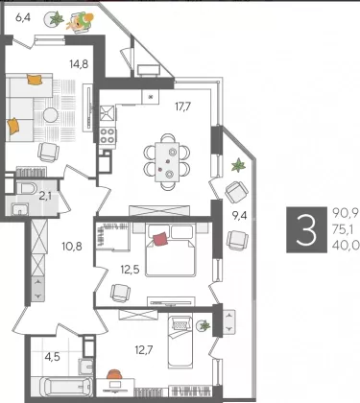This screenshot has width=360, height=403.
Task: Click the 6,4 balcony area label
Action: point(23,17)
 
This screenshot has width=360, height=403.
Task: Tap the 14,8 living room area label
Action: point(79,64)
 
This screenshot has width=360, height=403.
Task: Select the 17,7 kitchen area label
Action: point(182,107)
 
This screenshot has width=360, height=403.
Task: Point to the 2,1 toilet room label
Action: point(45,196)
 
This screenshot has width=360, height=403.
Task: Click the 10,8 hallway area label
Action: point(72,247)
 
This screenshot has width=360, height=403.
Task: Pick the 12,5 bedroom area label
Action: point(130,270)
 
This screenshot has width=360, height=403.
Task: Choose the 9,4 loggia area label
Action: point(239,216)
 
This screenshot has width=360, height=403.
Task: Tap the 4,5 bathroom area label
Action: point(52,356)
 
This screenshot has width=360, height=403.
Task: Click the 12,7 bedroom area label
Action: point(144,350)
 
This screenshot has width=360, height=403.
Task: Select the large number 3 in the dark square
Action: point(306,229)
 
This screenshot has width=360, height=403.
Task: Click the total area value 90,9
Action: point(346,212)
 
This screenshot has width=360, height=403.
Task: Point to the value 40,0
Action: point(346,245)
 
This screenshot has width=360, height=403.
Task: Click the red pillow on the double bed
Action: point(160,240)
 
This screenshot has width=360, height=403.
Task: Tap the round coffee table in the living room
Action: point(50,115)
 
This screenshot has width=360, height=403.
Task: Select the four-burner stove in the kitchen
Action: point(108,135)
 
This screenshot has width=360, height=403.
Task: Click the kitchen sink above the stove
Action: point(107,112)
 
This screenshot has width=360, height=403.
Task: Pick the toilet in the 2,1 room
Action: point(26,188)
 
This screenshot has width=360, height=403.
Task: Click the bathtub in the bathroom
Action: point(64,388)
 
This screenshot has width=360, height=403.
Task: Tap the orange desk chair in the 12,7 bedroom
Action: point(114,374)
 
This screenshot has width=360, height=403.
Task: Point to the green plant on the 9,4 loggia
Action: point(238,165)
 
